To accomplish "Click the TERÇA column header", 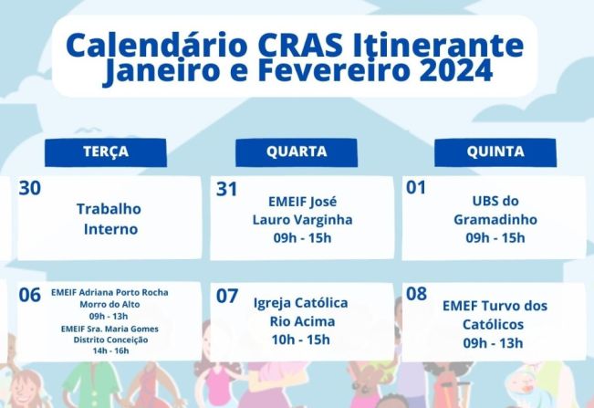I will tap(105, 152).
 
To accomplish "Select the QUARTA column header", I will tap(297, 152).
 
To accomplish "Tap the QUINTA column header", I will tap(495, 152).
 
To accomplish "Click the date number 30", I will tap(29, 188).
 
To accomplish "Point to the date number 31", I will tap(226, 189).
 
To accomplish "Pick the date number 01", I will tap(416, 188).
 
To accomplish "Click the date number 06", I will tap(29, 295).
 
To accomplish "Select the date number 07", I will tap(226, 296).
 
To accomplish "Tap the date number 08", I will tap(416, 294).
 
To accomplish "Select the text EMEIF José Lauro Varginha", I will tap(302, 210).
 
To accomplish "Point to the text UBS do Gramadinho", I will tap(495, 210).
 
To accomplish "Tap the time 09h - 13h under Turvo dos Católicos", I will tap(494, 343).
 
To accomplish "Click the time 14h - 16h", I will tap(109, 350).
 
